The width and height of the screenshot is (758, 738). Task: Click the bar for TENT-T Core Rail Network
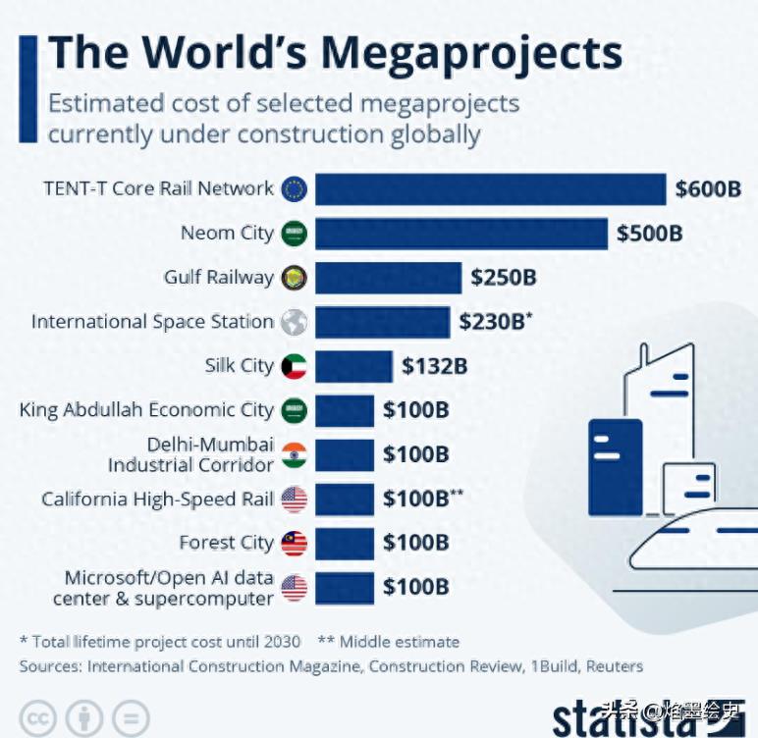tap(490, 189)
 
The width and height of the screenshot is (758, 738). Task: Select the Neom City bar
tap(460, 234)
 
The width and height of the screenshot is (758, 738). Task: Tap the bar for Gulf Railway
tap(388, 278)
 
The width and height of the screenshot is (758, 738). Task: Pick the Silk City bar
tap(353, 366)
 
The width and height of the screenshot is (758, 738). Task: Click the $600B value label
tap(708, 189)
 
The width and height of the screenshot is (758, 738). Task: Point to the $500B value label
tap(650, 234)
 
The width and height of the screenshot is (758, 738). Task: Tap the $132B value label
tap(434, 366)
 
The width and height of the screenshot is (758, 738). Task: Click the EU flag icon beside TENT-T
tap(294, 189)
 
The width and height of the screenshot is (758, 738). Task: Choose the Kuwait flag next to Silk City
tap(294, 366)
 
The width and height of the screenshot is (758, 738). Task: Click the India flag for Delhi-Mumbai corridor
tap(294, 454)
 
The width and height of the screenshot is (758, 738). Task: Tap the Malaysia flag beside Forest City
tap(294, 543)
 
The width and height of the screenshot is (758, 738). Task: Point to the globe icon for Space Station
tap(294, 322)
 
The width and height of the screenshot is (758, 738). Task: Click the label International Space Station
tap(152, 322)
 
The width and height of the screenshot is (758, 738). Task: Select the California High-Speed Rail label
tap(157, 499)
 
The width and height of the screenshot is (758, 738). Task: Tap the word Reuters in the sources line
tap(614, 665)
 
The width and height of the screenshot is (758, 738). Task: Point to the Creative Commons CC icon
tap(36, 717)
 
